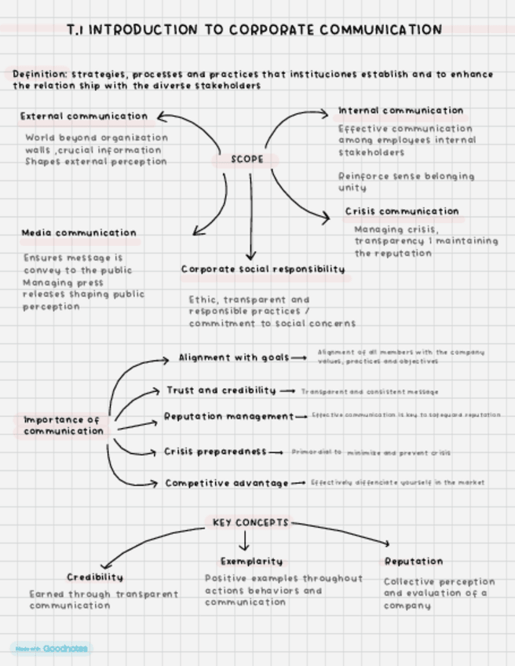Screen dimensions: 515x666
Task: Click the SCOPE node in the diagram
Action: (247, 159)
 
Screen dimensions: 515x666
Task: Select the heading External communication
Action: (84, 116)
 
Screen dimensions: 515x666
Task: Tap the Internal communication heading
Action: (400, 111)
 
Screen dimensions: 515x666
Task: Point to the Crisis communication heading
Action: (402, 211)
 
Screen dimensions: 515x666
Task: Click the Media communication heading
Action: (79, 233)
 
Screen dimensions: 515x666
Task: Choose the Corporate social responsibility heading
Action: (263, 269)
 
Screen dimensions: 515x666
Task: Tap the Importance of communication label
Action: (63, 426)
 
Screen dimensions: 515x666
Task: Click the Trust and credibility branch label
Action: (221, 390)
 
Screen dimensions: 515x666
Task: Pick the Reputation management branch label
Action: (228, 416)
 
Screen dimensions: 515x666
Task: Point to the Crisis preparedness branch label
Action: (215, 452)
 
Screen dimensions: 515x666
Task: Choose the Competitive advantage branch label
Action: (226, 483)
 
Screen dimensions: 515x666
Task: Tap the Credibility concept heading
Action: (95, 577)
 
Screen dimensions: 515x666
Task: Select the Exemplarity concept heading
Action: (251, 562)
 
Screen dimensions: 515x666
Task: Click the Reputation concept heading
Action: (413, 562)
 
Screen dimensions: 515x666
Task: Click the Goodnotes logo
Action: (52, 649)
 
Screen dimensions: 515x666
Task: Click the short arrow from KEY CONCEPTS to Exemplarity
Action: (243, 541)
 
